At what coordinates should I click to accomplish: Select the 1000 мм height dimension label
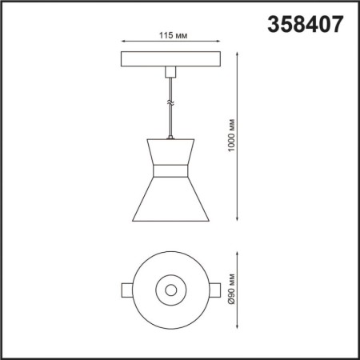232,137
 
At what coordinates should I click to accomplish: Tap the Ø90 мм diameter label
232,289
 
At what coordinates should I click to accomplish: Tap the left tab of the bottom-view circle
126,289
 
